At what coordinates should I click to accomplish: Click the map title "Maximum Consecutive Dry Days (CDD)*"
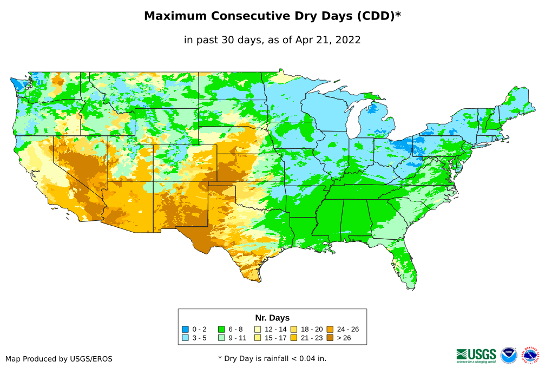(x=272, y=16)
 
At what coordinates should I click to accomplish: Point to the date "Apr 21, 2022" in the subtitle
(x=328, y=40)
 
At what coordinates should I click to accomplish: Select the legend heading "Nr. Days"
(x=272, y=318)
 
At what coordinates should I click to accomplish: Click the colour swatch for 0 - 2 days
(x=186, y=329)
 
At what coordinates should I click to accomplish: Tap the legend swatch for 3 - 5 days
(x=186, y=338)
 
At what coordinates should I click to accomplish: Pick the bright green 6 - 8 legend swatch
(x=222, y=329)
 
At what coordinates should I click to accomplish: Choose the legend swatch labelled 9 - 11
(x=222, y=338)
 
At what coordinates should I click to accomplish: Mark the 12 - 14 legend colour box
(x=258, y=329)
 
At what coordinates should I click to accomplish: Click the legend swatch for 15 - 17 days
(x=258, y=338)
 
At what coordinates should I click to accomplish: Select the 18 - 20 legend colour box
(x=294, y=329)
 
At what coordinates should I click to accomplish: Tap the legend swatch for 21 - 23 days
(x=294, y=338)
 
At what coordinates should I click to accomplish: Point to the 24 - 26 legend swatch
(x=330, y=329)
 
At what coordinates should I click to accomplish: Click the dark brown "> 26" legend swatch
(x=330, y=338)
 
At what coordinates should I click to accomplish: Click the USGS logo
(x=476, y=355)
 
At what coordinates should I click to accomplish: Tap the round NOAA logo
(x=509, y=355)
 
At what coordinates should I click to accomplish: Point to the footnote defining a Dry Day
(x=272, y=358)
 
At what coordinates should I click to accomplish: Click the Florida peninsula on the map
(x=408, y=265)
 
